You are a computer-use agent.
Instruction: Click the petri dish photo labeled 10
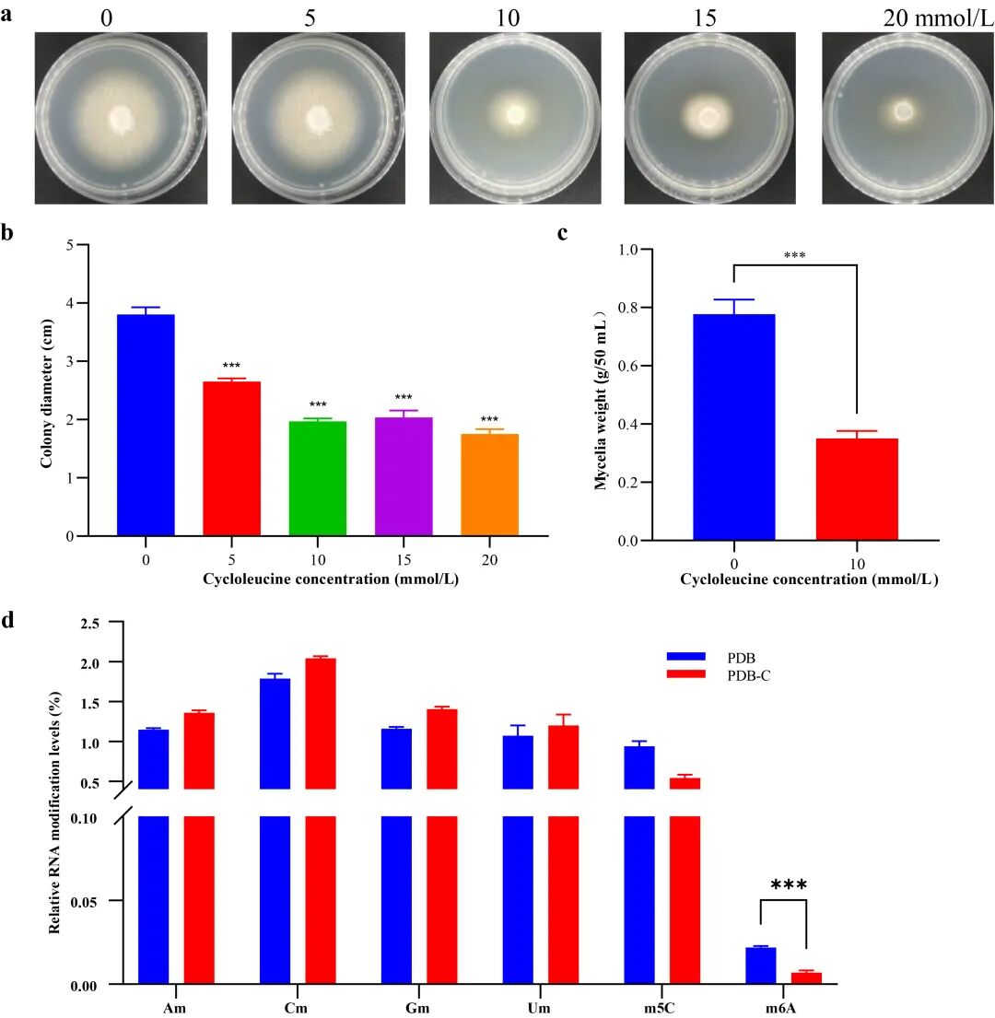coord(515,118)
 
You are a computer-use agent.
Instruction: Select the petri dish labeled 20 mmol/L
coord(908,118)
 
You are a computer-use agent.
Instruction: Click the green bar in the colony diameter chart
coord(318,478)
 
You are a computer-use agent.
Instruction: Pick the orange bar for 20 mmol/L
coord(489,485)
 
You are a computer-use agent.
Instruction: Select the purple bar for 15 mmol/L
coord(404,476)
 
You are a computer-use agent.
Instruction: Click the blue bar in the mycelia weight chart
coord(734,427)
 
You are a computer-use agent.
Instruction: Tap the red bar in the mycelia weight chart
coord(857,489)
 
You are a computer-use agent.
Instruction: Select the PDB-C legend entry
coord(720,675)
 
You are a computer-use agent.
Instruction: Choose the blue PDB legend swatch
coord(686,657)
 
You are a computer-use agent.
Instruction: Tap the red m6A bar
coord(806,977)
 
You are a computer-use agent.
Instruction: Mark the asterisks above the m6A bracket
coord(789,884)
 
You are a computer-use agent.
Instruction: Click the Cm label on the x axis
coord(296,1008)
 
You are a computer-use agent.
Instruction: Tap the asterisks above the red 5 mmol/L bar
coord(232,366)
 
